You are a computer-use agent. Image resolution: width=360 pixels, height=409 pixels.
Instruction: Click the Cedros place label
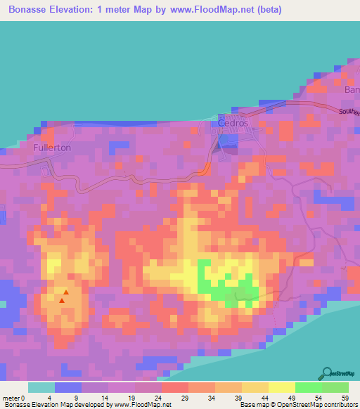click(x=233, y=123)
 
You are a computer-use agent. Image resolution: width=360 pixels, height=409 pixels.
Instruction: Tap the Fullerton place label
click(x=52, y=149)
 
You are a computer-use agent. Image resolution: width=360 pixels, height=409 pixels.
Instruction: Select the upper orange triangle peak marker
click(x=66, y=292)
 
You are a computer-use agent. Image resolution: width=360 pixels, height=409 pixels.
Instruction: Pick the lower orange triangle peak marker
click(x=62, y=301)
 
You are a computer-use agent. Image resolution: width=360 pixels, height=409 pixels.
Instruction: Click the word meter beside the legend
click(x=11, y=397)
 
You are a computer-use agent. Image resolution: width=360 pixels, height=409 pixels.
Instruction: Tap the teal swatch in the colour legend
click(x=41, y=387)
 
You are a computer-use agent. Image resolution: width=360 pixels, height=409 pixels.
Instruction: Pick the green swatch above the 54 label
click(x=309, y=387)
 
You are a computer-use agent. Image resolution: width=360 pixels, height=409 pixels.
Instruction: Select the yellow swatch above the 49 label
click(x=282, y=387)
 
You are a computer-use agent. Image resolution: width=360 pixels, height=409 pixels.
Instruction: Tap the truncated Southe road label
click(x=349, y=112)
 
